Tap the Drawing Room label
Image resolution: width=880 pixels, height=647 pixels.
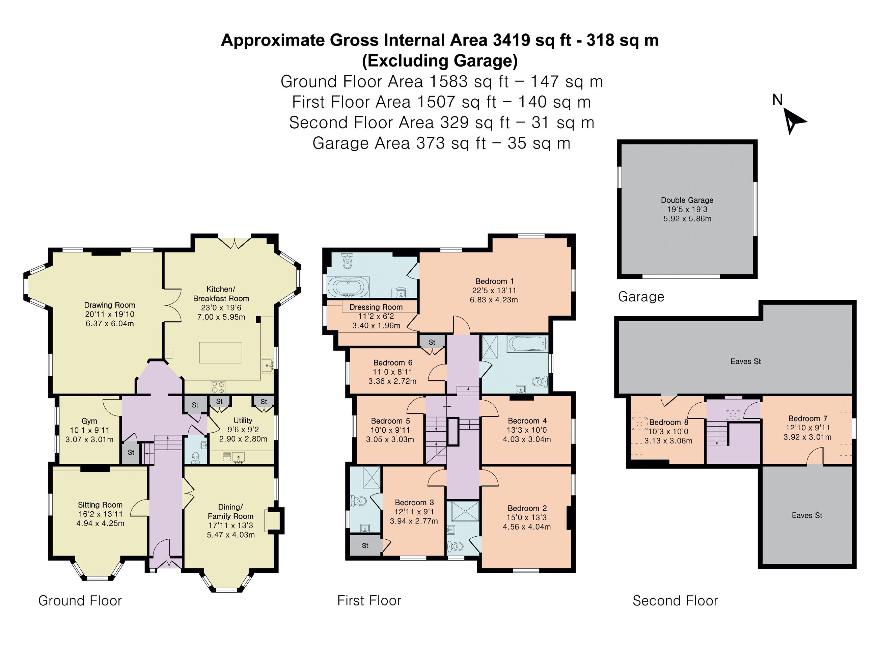pyautogui.click(x=110, y=305)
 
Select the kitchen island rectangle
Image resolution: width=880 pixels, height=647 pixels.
pyautogui.click(x=220, y=352)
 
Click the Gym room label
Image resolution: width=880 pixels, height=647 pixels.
pyautogui.click(x=89, y=421)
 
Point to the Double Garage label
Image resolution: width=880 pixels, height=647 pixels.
pyautogui.click(x=687, y=200)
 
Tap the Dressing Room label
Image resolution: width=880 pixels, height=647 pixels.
pyautogui.click(x=376, y=307)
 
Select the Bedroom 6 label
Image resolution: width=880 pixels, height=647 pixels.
pyautogui.click(x=393, y=363)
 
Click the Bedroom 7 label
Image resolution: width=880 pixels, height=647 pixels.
pyautogui.click(x=807, y=418)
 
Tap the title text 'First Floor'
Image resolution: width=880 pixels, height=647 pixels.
pyautogui.click(x=369, y=600)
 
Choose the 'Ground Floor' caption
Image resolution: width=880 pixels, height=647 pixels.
pyautogui.click(x=80, y=600)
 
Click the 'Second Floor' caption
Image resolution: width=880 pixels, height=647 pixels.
pyautogui.click(x=675, y=600)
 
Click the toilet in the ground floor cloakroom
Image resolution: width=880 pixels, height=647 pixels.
pyautogui.click(x=196, y=457)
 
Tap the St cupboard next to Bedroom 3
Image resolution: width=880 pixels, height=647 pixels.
pyautogui.click(x=365, y=545)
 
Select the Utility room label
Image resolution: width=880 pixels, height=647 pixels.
pyautogui.click(x=243, y=420)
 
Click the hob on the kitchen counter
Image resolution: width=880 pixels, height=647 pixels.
pyautogui.click(x=218, y=386)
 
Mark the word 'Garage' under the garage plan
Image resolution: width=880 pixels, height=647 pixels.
pyautogui.click(x=641, y=297)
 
